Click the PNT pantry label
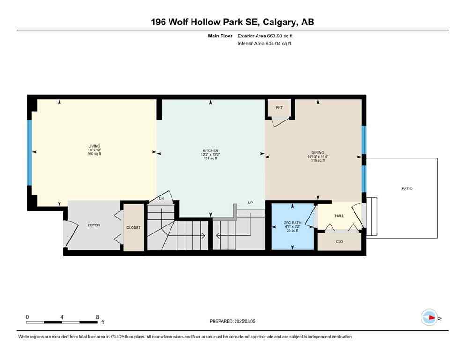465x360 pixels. [x=279, y=108]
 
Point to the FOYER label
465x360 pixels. [x=93, y=225]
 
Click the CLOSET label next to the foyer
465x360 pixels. [x=133, y=227]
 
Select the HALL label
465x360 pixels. [x=339, y=216]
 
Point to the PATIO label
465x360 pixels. [x=406, y=188]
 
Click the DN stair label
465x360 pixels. [x=161, y=199]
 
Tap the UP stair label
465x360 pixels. [x=251, y=203]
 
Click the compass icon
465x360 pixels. [x=429, y=317]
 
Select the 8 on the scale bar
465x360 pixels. [x=97, y=317]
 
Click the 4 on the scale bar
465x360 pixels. [x=62, y=317]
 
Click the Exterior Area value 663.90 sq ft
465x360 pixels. [x=280, y=36]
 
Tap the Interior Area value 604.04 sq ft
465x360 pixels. [x=280, y=44]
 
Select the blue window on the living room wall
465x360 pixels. [x=30, y=152]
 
